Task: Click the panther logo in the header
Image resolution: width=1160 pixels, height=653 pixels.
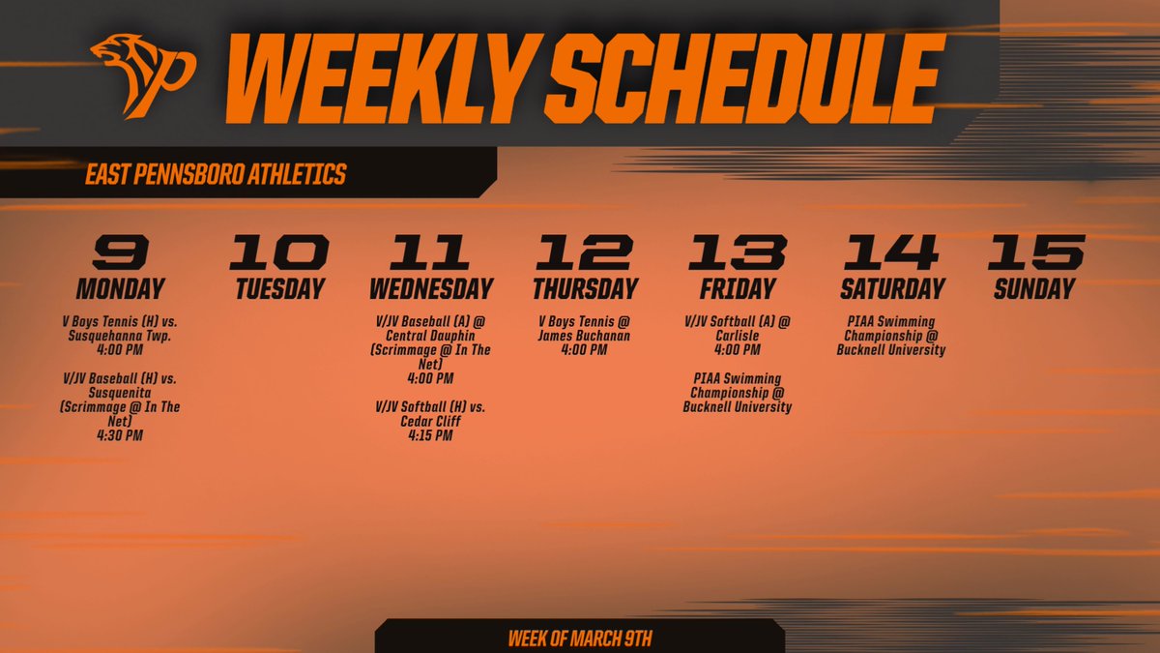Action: click(x=142, y=76)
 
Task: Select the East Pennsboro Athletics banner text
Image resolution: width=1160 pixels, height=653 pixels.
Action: click(x=216, y=175)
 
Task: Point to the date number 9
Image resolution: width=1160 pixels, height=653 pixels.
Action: click(x=121, y=252)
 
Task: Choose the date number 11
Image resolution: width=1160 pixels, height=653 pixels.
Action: click(x=430, y=252)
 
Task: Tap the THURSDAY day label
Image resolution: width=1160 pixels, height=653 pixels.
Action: click(x=585, y=288)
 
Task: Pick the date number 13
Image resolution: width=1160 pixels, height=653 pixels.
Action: click(x=738, y=252)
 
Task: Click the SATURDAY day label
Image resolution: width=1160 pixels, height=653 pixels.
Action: click(x=892, y=288)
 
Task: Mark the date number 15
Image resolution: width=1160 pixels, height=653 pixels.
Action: click(x=1034, y=252)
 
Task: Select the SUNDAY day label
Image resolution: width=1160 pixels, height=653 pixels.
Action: click(x=1033, y=288)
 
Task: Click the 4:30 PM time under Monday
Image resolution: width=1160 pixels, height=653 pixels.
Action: click(x=120, y=435)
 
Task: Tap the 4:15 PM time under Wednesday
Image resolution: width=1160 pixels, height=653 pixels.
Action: click(x=430, y=435)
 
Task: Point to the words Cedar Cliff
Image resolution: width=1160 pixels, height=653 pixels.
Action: click(x=430, y=421)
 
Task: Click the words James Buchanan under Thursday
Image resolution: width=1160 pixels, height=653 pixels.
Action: click(x=585, y=335)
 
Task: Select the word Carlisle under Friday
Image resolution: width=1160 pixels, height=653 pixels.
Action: click(x=738, y=335)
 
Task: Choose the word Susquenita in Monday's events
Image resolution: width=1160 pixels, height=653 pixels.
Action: click(x=120, y=394)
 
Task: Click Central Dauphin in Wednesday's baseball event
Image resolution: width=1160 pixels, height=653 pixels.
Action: click(x=430, y=335)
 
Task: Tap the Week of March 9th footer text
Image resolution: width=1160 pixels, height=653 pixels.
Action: click(x=580, y=639)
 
